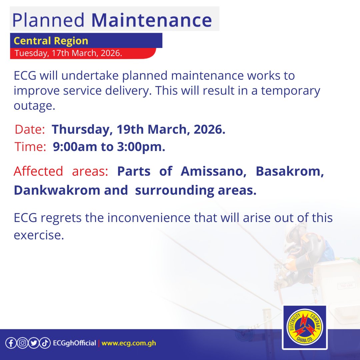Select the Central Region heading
click(51, 41)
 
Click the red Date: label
click(30, 130)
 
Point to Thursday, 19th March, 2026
click(139, 130)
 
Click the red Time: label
click(30, 147)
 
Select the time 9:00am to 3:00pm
click(109, 147)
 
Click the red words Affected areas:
click(61, 171)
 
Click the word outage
click(34, 106)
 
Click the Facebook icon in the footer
click(11, 343)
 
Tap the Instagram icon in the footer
click(22, 343)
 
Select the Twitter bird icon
click(33, 343)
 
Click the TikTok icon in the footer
click(45, 343)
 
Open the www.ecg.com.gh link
click(129, 343)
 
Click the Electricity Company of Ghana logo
click(304, 328)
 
